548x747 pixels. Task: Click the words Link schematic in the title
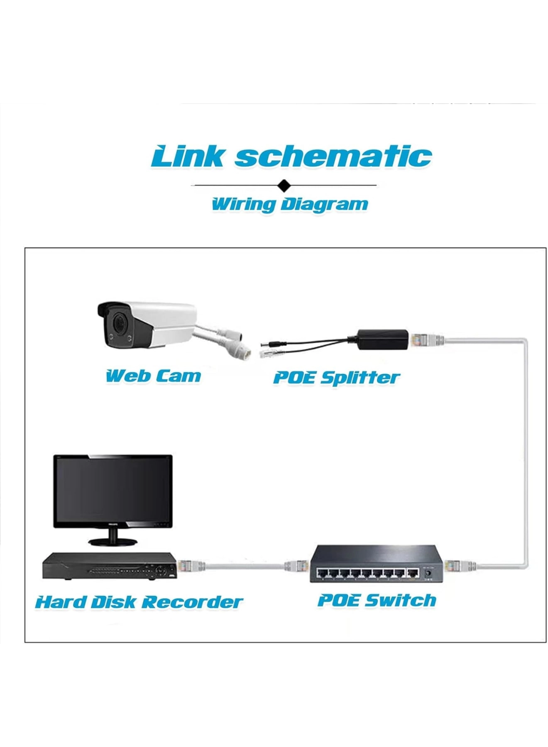(291, 156)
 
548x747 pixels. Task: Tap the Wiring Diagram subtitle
(290, 204)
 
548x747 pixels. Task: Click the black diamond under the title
(284, 185)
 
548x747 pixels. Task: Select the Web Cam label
(153, 376)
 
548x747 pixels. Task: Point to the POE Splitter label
(336, 378)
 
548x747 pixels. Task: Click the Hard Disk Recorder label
(139, 602)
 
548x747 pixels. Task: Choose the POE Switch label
(377, 601)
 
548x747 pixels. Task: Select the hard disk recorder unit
(110, 566)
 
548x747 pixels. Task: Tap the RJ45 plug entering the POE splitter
(426, 340)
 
